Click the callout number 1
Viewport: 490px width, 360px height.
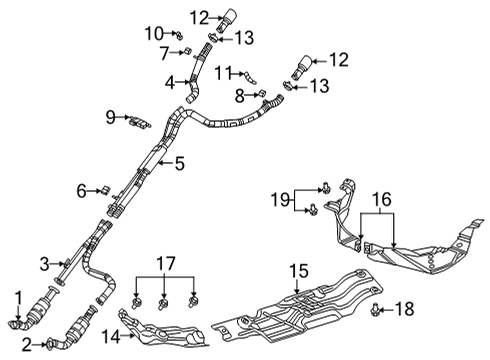coord(17,296)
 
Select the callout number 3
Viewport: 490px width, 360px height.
coord(44,263)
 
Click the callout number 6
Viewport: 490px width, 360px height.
coord(81,190)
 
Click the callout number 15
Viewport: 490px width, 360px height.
coord(296,270)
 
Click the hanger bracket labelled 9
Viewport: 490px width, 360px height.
coord(139,122)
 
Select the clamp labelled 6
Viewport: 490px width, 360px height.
coord(102,189)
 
